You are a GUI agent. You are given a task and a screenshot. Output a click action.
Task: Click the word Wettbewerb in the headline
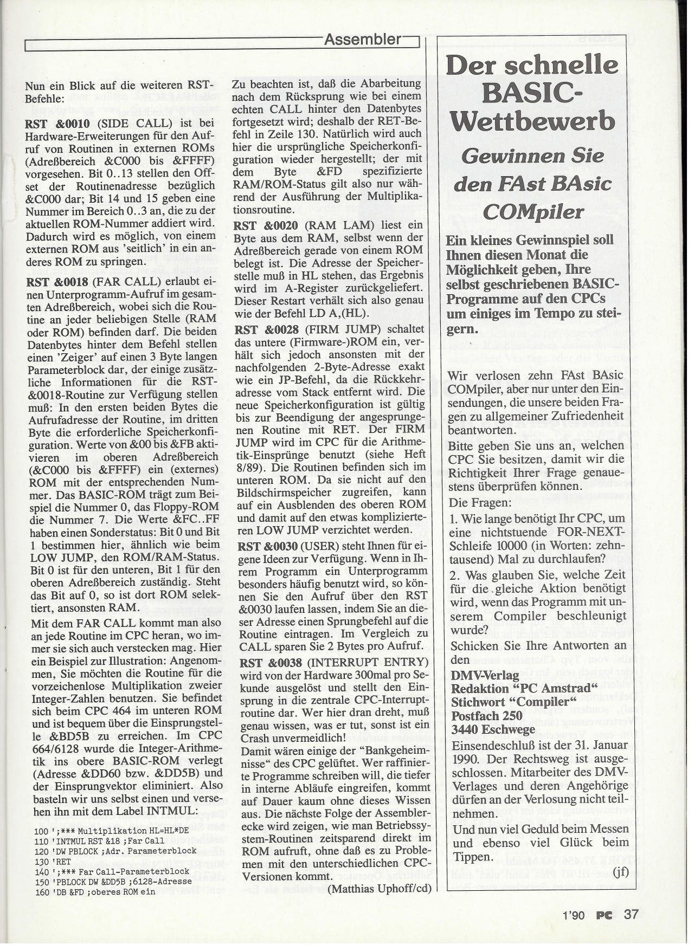coord(533,120)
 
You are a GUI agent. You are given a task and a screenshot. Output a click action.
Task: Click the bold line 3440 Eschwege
coord(493,729)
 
